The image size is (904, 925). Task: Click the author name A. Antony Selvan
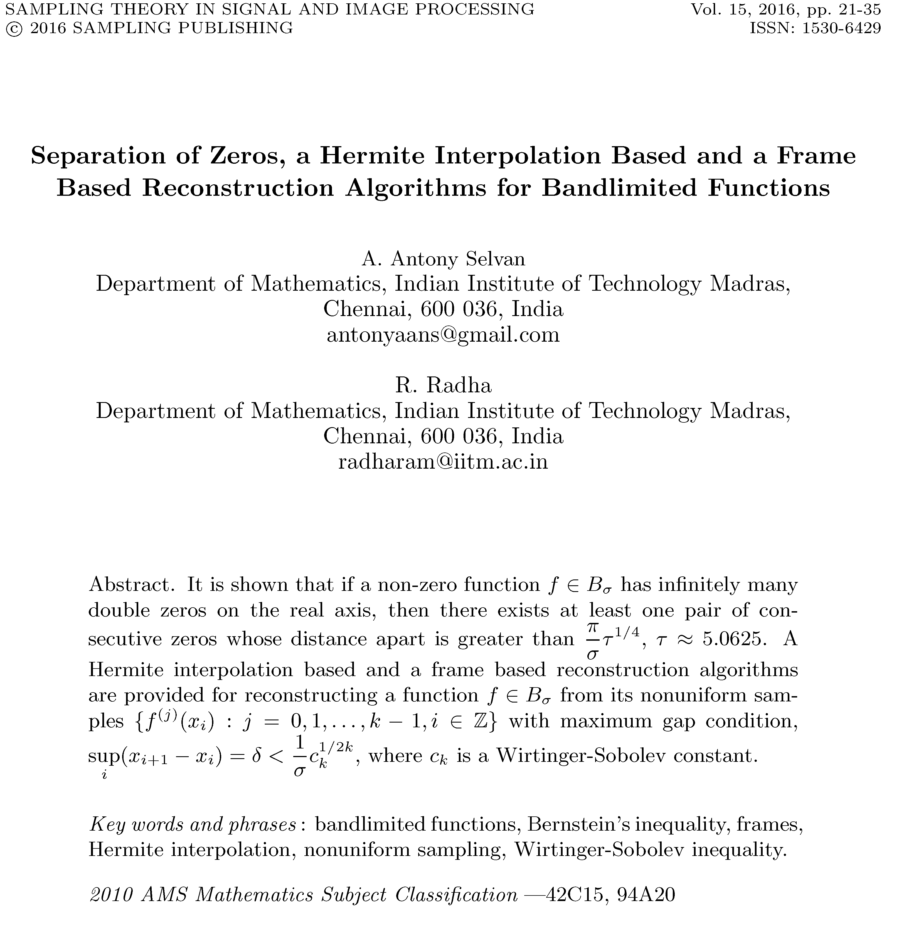pyautogui.click(x=444, y=259)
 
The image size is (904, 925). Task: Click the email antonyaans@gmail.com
pyautogui.click(x=444, y=335)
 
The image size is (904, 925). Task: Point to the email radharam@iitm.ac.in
pyautogui.click(x=444, y=461)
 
